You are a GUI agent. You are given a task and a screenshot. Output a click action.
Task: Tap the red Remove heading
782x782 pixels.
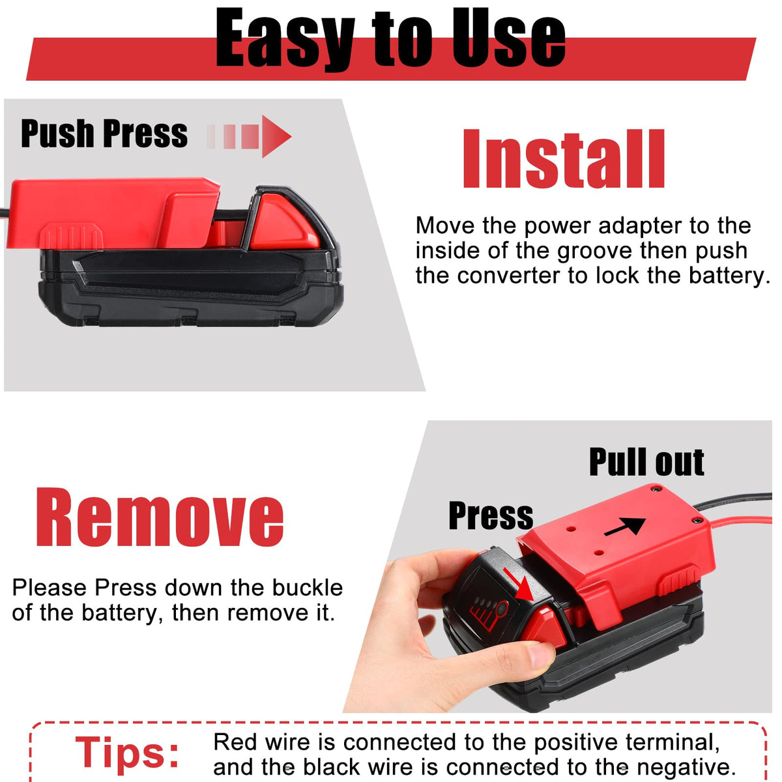click(160, 517)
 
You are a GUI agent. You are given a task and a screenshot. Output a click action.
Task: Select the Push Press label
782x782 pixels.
click(104, 133)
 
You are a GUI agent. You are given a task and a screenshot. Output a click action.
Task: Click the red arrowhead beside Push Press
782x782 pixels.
click(275, 136)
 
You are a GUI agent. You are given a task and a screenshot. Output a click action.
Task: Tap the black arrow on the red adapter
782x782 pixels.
click(625, 526)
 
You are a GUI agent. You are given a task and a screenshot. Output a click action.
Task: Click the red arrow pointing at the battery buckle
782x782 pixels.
click(519, 584)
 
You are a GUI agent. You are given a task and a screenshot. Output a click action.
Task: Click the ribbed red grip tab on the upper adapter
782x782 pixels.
click(72, 236)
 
